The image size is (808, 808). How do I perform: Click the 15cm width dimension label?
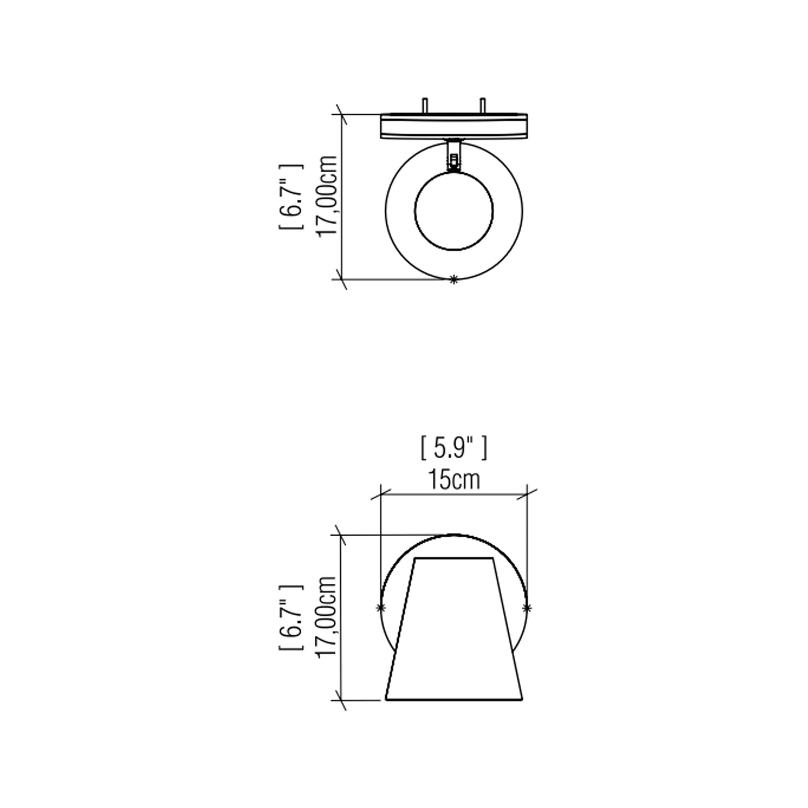454,480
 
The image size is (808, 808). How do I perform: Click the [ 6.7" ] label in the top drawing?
291,197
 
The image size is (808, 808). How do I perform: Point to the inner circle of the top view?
454,211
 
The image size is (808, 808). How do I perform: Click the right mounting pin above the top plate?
483,106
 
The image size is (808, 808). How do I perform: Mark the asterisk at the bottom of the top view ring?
454,280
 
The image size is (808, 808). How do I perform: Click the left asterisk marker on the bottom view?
381,608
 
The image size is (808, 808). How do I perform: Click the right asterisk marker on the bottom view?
527,608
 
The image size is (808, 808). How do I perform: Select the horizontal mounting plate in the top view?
454,126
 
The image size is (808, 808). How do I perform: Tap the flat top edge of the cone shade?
454,558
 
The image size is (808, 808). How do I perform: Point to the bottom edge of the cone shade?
454,699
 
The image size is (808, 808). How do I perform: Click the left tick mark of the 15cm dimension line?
381,494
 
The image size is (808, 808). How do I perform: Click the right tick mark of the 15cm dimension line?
527,494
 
